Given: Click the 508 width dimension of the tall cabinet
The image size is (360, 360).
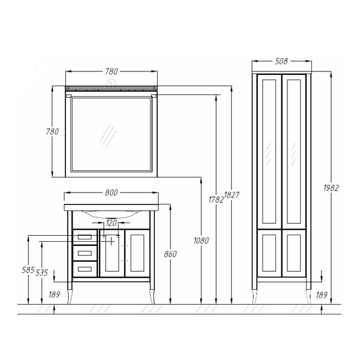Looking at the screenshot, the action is pyautogui.click(x=281, y=61).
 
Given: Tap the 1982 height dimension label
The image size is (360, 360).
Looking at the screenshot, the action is pyautogui.click(x=331, y=188).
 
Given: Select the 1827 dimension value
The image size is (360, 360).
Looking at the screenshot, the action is pyautogui.click(x=232, y=195).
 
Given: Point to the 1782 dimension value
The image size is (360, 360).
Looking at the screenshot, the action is pyautogui.click(x=216, y=200).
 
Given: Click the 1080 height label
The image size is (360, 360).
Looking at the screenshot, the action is pyautogui.click(x=201, y=241).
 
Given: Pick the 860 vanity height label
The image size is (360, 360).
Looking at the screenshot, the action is pyautogui.click(x=170, y=254).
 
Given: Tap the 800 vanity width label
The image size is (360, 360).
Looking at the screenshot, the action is pyautogui.click(x=112, y=193).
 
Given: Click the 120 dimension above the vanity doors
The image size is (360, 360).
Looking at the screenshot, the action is pyautogui.click(x=112, y=223).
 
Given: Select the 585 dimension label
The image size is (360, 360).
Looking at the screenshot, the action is pyautogui.click(x=28, y=270).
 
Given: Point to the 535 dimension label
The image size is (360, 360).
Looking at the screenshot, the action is pyautogui.click(x=41, y=273).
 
